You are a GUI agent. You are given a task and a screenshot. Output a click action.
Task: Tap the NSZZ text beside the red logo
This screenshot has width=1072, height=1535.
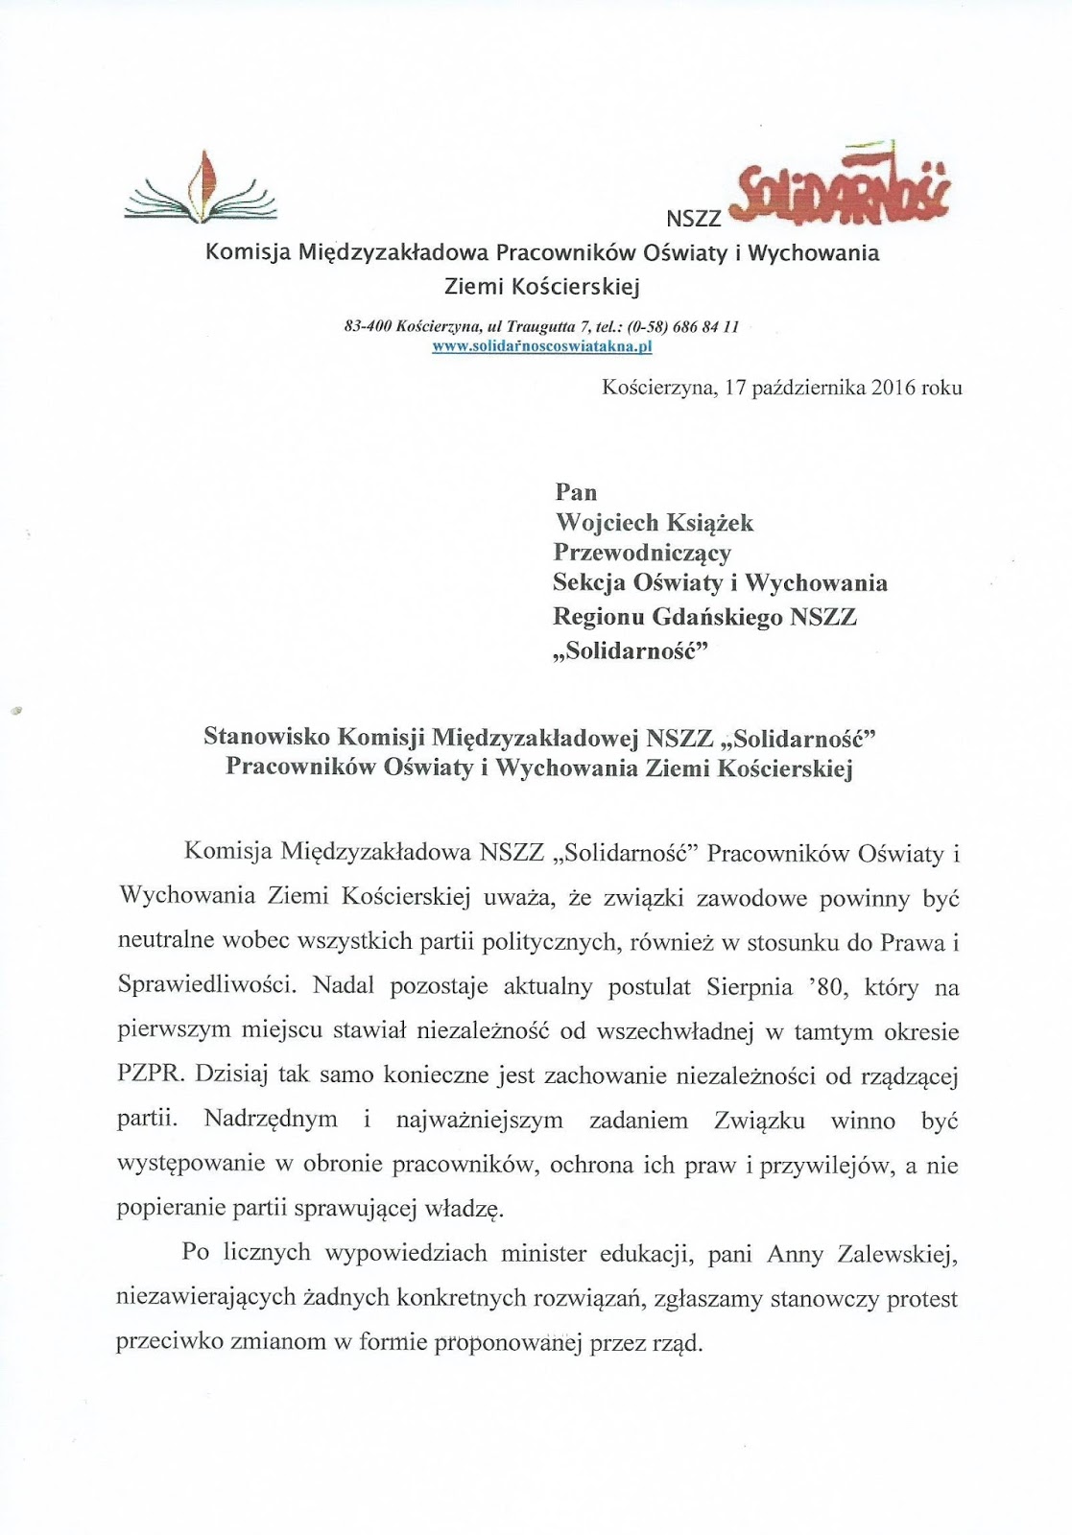[x=694, y=219]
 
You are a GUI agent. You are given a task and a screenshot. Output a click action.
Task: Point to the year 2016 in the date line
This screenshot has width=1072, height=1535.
[x=893, y=388]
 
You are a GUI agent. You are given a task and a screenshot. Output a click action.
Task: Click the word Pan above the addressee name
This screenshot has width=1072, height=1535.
[x=576, y=492]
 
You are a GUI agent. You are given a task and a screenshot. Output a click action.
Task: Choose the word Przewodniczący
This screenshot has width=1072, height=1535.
[x=642, y=553]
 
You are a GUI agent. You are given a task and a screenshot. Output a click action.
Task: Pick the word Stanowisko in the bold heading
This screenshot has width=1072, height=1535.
[x=266, y=737]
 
